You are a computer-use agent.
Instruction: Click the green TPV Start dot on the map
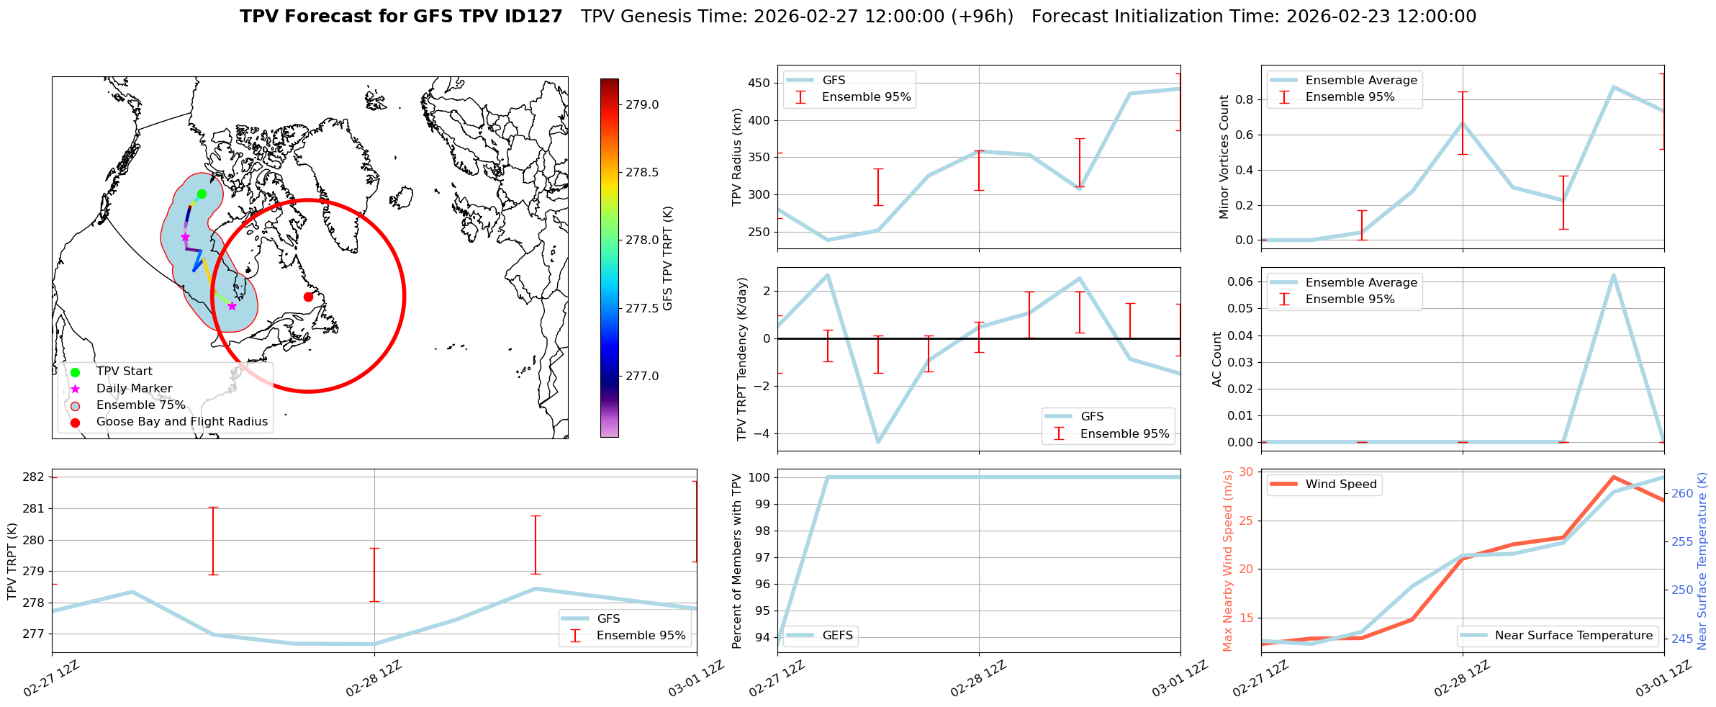pos(202,194)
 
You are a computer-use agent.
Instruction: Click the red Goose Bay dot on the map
pos(308,297)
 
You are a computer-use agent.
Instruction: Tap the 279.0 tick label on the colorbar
pos(641,105)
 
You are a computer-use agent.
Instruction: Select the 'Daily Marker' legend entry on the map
pos(134,389)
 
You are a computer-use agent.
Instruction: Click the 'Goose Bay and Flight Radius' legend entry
pos(181,422)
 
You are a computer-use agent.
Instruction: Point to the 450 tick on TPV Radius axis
pos(760,84)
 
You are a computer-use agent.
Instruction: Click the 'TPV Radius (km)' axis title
pos(736,157)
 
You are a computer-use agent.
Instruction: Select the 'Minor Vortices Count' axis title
pos(1224,157)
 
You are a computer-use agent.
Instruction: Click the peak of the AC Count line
pos(1613,275)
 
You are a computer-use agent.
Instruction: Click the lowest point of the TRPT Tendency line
pos(878,442)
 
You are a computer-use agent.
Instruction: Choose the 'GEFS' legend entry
pos(837,636)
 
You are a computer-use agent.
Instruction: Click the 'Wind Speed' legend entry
pos(1340,485)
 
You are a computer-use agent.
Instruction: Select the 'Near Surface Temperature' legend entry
pos(1573,636)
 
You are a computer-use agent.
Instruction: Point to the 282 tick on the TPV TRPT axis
pos(35,477)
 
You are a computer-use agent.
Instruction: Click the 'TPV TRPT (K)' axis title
pos(12,562)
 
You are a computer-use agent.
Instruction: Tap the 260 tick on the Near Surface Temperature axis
pos(1682,494)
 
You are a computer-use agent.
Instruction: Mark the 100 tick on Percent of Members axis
pos(762,477)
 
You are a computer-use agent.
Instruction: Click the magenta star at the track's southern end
pos(232,306)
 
